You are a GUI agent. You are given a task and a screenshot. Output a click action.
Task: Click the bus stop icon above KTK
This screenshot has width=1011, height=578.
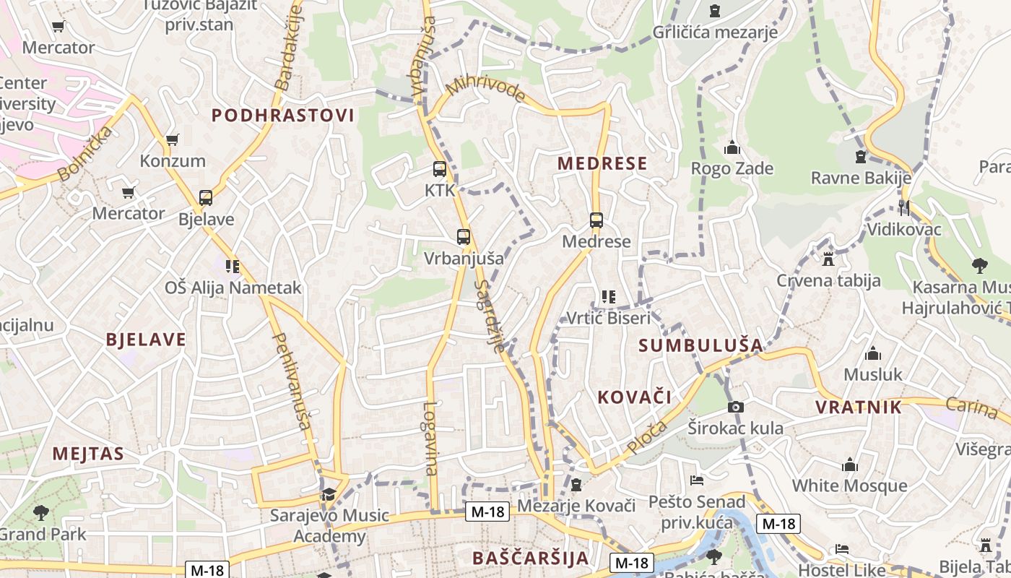point(439,169)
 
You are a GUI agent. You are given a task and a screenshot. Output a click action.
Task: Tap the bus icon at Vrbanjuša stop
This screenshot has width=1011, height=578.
point(464,236)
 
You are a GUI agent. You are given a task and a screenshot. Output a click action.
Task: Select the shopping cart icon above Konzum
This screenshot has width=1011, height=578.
point(172,139)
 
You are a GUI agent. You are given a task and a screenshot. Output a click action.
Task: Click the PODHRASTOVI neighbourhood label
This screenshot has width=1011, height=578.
point(283,116)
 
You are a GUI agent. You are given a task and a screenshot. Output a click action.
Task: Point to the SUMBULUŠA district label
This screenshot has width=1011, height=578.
point(700,345)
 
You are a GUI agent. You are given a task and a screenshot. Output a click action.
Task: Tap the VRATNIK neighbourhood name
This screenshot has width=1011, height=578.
point(859,407)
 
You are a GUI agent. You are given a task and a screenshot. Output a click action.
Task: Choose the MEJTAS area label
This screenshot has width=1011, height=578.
point(88,454)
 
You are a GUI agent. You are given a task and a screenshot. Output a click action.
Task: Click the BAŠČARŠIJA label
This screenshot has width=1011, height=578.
point(531,558)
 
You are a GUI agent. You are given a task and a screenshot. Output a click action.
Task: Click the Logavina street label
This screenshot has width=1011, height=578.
point(431,439)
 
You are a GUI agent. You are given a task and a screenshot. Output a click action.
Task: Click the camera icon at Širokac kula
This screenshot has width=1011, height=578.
point(735,407)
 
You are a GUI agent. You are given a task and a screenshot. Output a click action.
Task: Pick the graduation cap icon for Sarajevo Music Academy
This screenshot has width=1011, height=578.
point(329,494)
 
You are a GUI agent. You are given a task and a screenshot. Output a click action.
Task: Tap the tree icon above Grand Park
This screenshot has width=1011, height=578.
point(41,513)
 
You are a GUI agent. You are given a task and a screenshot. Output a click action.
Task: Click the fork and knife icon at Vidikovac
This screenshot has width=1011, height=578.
point(904,208)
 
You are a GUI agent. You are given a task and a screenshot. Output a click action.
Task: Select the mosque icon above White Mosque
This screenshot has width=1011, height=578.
point(850,465)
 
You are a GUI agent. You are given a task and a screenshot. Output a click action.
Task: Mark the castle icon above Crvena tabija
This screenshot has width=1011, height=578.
point(828,259)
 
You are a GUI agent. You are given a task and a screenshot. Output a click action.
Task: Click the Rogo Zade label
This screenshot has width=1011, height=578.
point(732,169)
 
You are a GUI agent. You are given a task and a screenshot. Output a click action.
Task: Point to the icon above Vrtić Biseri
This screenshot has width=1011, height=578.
point(608,296)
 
